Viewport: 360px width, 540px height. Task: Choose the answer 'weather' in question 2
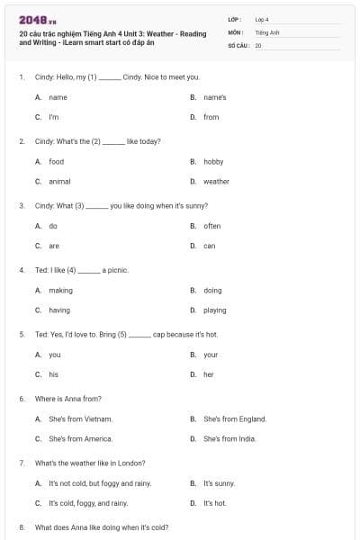[216, 182]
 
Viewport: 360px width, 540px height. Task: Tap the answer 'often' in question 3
[212, 226]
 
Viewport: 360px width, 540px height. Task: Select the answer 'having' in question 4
[59, 310]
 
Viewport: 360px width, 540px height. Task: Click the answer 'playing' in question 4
[215, 310]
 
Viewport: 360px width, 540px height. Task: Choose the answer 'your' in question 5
[211, 355]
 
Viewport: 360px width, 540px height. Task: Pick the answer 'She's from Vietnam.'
[80, 418]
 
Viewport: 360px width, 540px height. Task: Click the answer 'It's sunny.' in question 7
[219, 483]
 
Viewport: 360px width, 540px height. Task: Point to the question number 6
[22, 398]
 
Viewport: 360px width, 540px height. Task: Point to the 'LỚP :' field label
[235, 19]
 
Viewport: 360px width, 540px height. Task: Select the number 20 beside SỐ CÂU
[258, 44]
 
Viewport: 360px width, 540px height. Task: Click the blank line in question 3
[96, 206]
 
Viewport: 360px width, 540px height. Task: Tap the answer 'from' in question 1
[211, 117]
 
